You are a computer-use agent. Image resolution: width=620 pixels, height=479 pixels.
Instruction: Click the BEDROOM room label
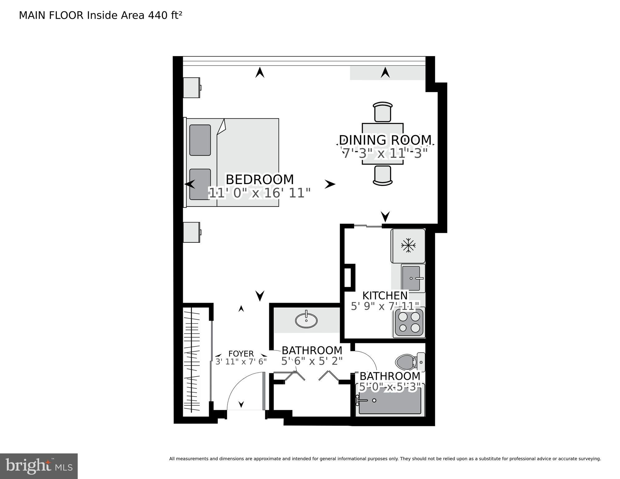coord(260,180)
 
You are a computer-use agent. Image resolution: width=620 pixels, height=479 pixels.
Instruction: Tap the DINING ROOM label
coord(385,140)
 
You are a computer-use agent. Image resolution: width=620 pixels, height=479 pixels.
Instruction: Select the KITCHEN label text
coord(385,296)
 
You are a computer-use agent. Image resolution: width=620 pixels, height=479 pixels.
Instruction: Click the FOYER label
coord(241,354)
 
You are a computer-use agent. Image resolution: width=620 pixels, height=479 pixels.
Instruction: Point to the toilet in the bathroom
coord(406,362)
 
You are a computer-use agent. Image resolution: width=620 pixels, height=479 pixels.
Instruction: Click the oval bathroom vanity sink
coord(306,320)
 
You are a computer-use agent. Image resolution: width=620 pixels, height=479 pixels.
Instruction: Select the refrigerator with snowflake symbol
coord(408,246)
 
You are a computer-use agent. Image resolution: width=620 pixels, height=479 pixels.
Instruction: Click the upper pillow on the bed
coord(200,140)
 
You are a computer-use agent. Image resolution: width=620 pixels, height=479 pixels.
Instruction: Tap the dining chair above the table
coord(383,112)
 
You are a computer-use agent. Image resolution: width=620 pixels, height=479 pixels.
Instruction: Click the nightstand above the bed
coord(191,88)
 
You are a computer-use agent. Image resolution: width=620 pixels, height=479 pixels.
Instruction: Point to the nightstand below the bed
coord(191,232)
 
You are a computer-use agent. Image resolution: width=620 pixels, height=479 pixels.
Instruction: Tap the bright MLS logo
coord(39,466)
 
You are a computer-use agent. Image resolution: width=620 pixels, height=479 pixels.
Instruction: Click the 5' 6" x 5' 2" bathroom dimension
coord(312,361)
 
